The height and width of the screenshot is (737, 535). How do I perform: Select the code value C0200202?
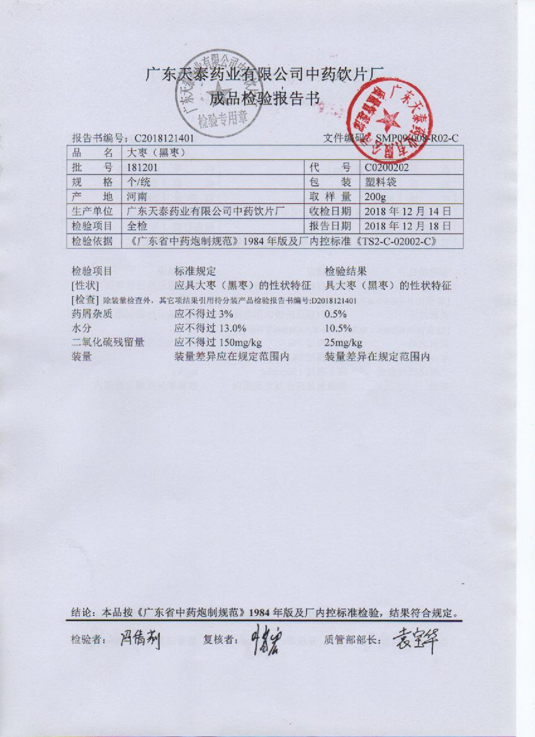(386, 168)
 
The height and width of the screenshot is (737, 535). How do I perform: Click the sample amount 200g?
(374, 197)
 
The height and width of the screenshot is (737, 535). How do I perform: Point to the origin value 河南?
(137, 197)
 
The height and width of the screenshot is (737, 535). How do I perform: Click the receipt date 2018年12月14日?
(407, 211)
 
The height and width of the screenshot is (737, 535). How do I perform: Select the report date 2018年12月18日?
(407, 226)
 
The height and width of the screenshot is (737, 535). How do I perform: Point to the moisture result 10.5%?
(338, 328)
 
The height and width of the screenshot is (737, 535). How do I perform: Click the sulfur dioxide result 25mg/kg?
(343, 342)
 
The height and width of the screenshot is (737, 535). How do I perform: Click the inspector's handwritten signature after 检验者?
(140, 640)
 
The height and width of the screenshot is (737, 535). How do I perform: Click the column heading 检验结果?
(346, 271)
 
